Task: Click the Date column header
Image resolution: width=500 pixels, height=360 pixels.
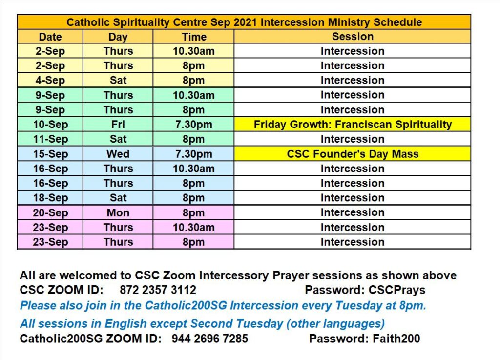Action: (x=50, y=37)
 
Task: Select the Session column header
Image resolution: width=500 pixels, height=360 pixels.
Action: (x=353, y=37)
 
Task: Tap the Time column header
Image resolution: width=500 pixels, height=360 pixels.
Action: (x=193, y=37)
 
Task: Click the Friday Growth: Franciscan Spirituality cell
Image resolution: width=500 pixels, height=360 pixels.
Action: (x=353, y=124)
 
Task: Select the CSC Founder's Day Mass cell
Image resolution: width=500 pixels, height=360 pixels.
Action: (x=353, y=154)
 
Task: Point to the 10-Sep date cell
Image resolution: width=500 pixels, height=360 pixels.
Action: (x=50, y=124)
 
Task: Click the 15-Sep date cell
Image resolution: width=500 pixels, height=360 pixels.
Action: (x=50, y=154)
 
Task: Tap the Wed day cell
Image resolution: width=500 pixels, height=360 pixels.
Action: (x=118, y=154)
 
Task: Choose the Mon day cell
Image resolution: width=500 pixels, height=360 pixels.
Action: (x=118, y=212)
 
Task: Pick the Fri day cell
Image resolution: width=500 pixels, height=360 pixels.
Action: (x=118, y=124)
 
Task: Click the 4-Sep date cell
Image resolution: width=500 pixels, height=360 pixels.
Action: (x=50, y=80)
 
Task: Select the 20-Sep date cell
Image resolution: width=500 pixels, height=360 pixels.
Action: (x=50, y=212)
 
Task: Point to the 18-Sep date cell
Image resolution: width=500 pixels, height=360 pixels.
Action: (x=50, y=198)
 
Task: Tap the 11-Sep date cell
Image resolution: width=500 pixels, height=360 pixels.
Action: (x=50, y=139)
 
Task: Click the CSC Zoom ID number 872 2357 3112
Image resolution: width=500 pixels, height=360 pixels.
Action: (x=158, y=290)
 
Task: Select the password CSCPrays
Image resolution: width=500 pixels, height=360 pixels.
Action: (x=397, y=290)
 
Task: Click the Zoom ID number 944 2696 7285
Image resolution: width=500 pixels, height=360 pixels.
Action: (x=210, y=339)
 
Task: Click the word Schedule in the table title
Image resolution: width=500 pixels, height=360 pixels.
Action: (x=397, y=22)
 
